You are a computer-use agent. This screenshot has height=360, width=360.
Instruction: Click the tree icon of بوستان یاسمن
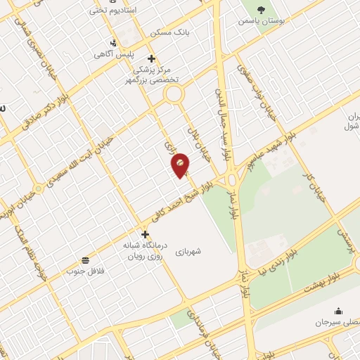click(x=262, y=10)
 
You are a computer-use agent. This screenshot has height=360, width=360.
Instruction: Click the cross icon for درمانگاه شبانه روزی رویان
click(x=145, y=234)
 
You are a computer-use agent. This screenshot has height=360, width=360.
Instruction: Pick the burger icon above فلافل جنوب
click(x=85, y=259)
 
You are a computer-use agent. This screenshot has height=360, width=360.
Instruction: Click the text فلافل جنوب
click(x=85, y=271)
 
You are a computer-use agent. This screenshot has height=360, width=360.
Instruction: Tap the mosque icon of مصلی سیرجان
click(x=339, y=311)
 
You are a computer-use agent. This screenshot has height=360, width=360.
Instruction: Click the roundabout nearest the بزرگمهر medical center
click(x=174, y=94)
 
